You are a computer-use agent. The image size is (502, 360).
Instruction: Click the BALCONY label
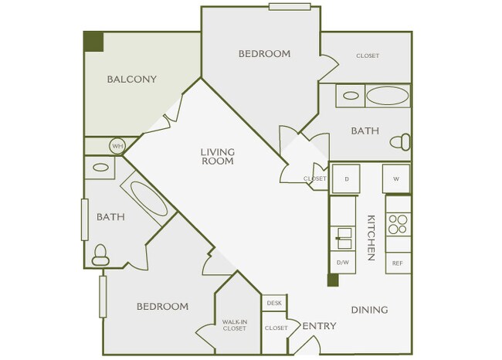click(132, 79)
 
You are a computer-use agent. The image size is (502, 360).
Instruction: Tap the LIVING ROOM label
click(218, 157)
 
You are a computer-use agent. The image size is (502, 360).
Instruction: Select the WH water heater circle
click(117, 145)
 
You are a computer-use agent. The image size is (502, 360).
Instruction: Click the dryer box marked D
click(346, 178)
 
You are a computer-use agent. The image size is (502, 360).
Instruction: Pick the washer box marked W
click(396, 178)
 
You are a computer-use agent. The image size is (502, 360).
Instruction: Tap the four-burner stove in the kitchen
click(398, 223)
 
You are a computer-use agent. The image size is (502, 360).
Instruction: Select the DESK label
click(274, 303)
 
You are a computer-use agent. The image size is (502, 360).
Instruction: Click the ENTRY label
click(319, 326)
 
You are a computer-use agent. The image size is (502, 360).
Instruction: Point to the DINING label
click(369, 310)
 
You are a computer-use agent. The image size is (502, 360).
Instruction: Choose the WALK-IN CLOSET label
click(234, 325)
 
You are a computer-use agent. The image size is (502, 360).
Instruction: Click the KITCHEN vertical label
click(371, 236)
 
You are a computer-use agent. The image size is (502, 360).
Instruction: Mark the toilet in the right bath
click(400, 142)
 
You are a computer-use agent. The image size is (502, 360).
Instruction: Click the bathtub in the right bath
click(386, 97)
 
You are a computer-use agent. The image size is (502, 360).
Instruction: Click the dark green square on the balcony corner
click(93, 42)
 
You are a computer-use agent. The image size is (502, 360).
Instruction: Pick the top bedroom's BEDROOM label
click(264, 54)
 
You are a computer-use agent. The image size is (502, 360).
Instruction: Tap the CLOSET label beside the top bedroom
click(368, 56)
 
